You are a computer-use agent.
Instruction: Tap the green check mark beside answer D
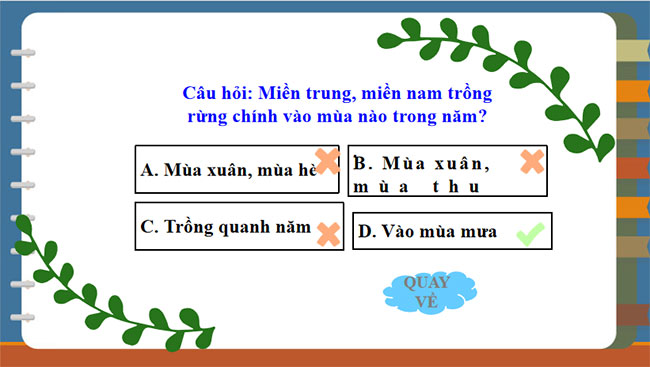(530, 234)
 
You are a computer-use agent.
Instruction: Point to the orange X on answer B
(532, 161)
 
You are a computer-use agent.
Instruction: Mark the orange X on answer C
(327, 234)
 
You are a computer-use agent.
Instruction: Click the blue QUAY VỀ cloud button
(426, 289)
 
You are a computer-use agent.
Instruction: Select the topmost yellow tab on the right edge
(633, 51)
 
